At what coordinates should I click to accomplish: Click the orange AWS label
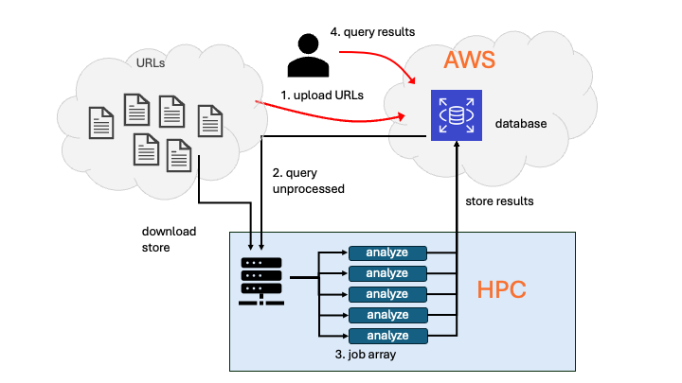tap(469, 60)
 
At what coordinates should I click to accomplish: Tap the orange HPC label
tap(501, 289)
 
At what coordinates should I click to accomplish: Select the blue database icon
tap(457, 115)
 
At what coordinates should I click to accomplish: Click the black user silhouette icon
tap(308, 55)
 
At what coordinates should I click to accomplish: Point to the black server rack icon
tap(261, 281)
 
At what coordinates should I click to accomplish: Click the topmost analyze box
tap(387, 252)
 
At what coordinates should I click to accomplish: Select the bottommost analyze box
tap(388, 336)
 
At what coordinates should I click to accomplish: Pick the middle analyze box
tap(387, 294)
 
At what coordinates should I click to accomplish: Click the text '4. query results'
tap(372, 32)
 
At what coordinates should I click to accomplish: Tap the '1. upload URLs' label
tap(322, 96)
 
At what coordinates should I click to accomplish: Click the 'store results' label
tap(499, 201)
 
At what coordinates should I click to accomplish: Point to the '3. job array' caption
tap(366, 355)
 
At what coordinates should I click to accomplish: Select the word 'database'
tap(521, 124)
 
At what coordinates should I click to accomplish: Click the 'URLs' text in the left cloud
tap(151, 63)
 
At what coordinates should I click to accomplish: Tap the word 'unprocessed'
tap(309, 189)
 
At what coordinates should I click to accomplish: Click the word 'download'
tap(169, 232)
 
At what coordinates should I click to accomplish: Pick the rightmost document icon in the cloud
tap(210, 121)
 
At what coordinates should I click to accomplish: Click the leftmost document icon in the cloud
tap(101, 123)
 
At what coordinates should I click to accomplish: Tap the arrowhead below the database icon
tap(457, 145)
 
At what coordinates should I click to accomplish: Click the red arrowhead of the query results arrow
tap(411, 79)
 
